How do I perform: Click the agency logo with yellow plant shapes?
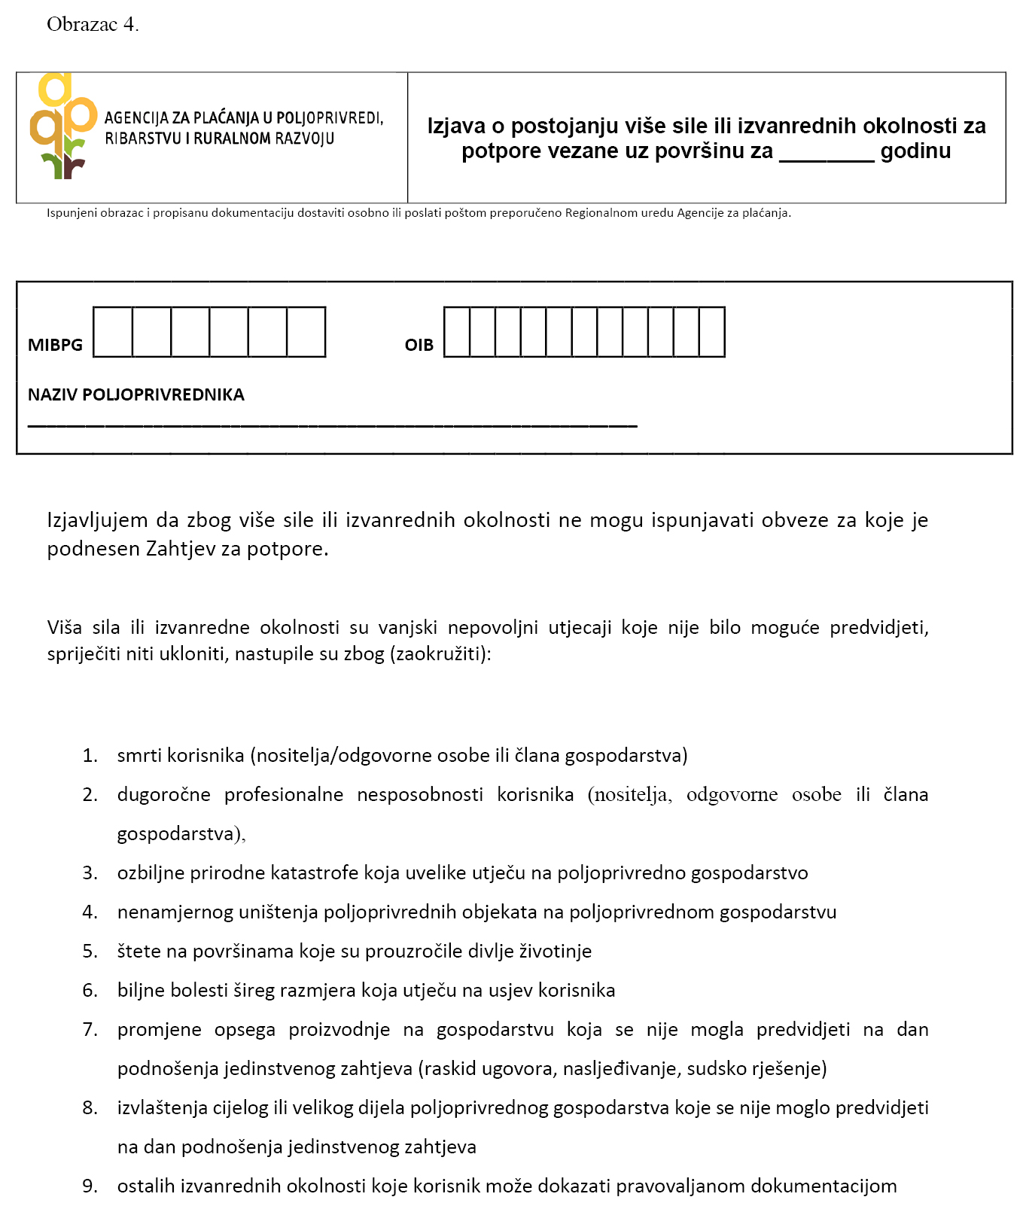click(63, 126)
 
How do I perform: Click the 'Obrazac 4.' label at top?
click(93, 25)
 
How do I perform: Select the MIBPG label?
click(55, 346)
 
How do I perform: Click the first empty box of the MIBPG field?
click(113, 332)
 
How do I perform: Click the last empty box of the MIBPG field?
click(306, 332)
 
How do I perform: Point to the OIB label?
click(419, 346)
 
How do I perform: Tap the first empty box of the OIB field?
click(457, 332)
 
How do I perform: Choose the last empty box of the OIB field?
click(712, 332)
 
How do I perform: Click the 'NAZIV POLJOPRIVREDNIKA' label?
click(136, 395)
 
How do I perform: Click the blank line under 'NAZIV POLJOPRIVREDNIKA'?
click(332, 425)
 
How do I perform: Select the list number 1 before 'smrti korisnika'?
click(90, 756)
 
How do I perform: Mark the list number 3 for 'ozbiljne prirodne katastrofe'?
click(90, 873)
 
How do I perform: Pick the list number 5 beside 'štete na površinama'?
click(90, 952)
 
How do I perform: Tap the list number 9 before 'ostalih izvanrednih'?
click(90, 1186)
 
